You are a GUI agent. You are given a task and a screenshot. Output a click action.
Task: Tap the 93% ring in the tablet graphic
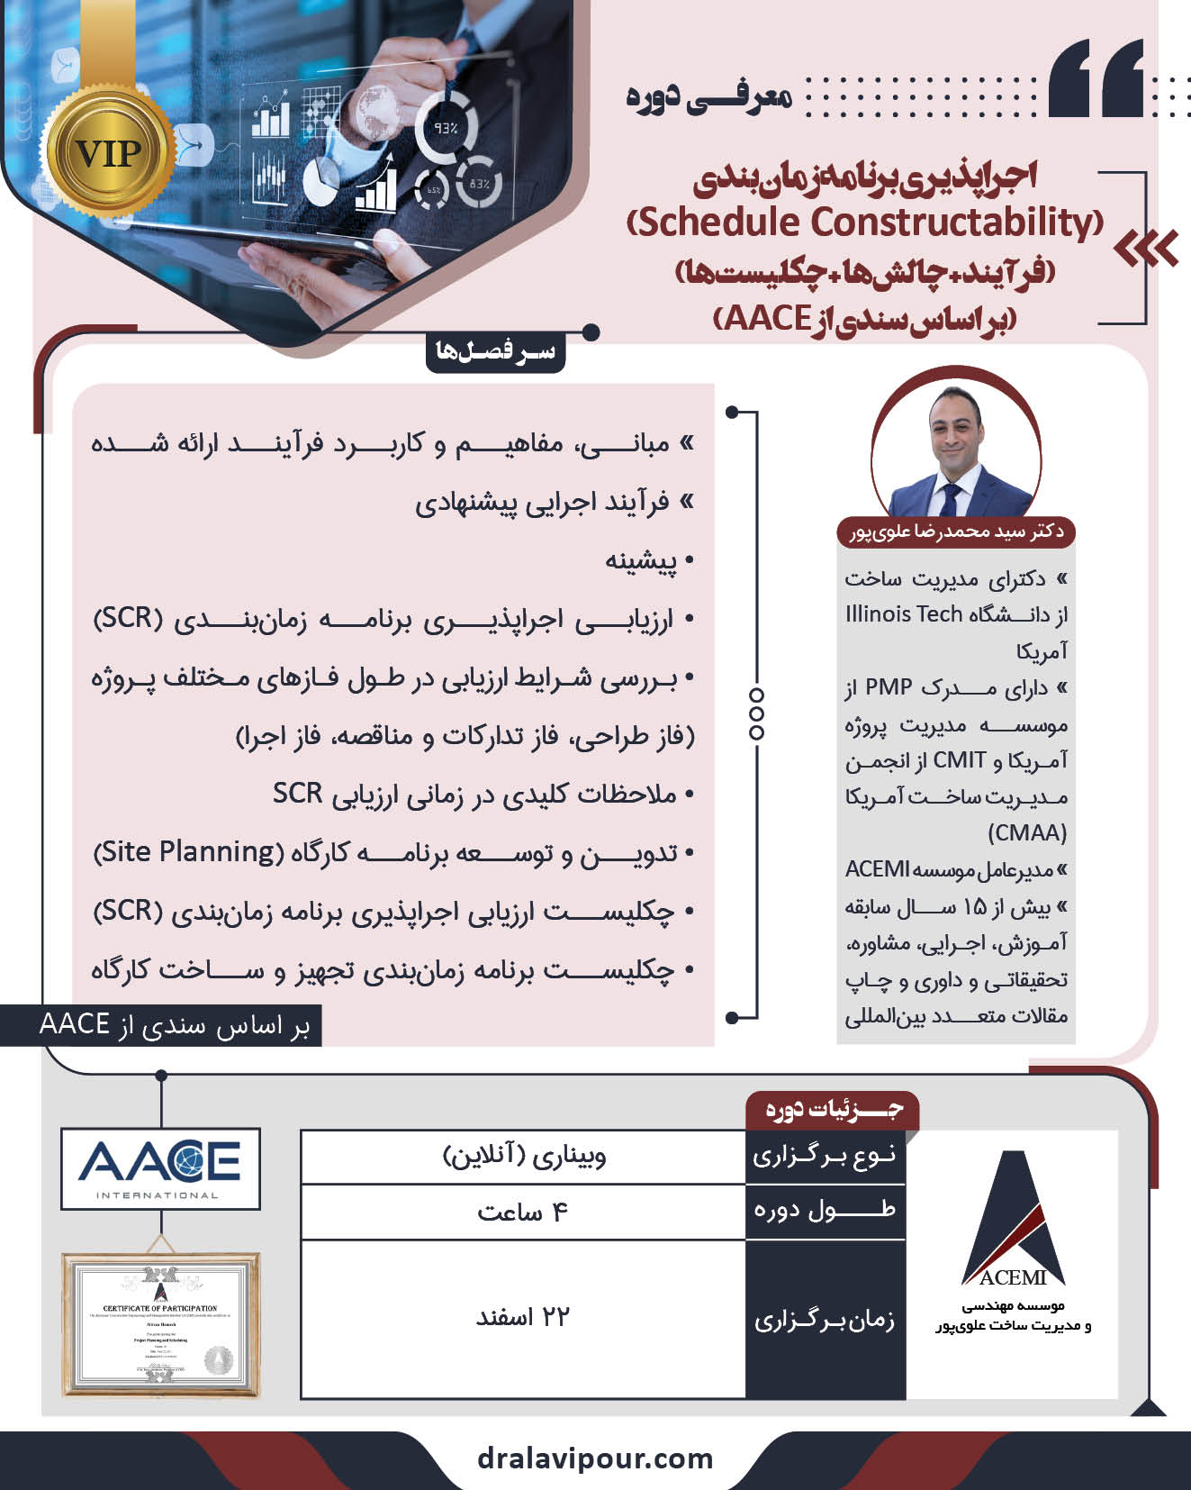tap(447, 128)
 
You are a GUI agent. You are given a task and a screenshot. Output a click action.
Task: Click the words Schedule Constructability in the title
tap(865, 222)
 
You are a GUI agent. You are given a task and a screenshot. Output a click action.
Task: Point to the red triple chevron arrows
tap(1146, 248)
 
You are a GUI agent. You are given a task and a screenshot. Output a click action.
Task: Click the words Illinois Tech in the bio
tap(904, 614)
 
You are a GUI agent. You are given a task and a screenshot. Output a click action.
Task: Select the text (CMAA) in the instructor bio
tap(1027, 832)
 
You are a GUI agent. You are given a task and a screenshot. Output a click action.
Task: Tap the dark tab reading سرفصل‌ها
tap(495, 351)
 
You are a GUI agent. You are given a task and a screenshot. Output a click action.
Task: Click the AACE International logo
tap(160, 1168)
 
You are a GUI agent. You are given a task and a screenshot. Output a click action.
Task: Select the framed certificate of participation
tap(160, 1324)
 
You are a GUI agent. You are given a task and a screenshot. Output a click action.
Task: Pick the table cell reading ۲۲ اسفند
tap(523, 1318)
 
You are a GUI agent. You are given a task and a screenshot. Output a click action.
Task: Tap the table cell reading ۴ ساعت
tap(523, 1213)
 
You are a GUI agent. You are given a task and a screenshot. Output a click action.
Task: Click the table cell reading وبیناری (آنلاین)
tap(523, 1156)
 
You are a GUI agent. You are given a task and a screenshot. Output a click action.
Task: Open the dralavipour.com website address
tap(595, 1458)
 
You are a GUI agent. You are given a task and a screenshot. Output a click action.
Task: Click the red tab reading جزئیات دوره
tap(833, 1108)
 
